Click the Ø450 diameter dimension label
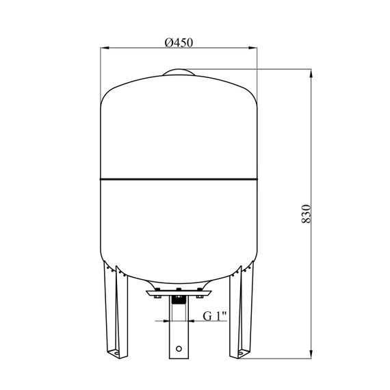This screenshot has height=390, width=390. tap(179, 42)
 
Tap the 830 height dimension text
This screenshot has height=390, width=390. tap(306, 214)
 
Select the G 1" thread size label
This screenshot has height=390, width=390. tap(215, 316)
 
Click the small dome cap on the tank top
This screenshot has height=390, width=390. tap(179, 72)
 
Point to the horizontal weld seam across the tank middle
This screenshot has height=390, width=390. tap(179, 179)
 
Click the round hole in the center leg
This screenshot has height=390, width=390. tap(179, 348)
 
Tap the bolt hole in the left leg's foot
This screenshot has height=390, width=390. tap(115, 352)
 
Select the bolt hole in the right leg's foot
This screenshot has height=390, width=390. tap(241, 353)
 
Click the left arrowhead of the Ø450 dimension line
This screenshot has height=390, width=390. tap(105, 48)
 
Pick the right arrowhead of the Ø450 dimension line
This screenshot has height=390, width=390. tap(253, 48)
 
